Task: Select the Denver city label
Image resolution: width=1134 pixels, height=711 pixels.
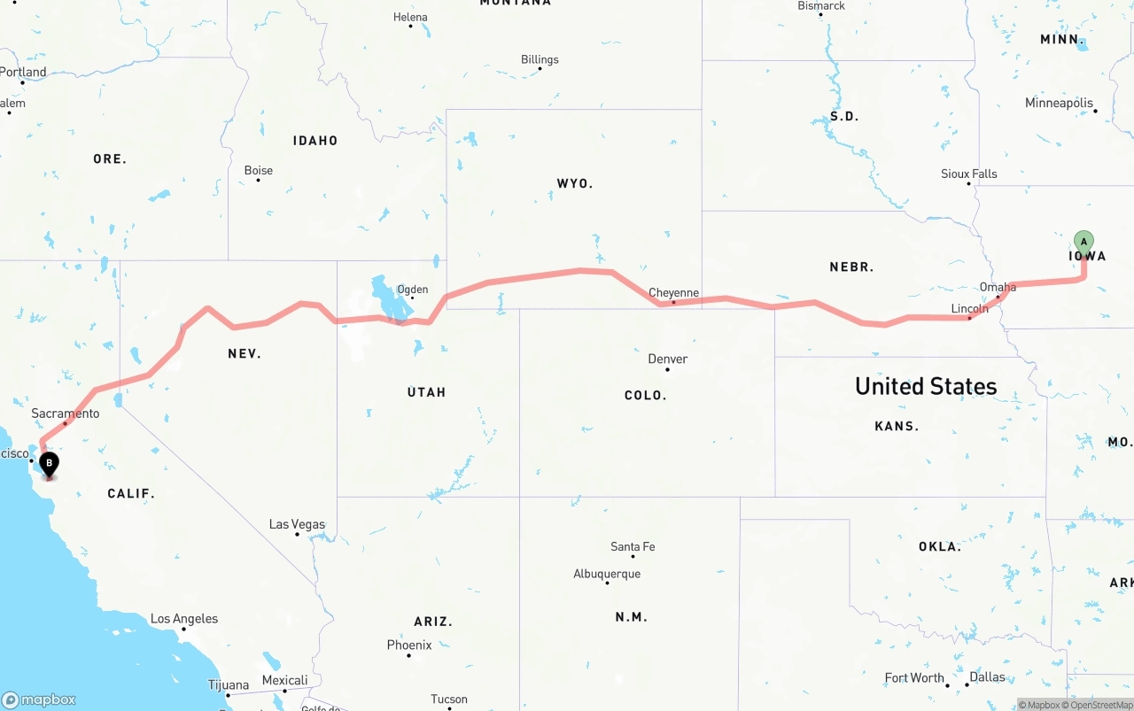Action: pos(667,359)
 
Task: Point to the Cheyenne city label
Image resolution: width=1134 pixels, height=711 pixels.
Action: pos(673,292)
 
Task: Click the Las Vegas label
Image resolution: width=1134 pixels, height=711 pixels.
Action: pos(297,524)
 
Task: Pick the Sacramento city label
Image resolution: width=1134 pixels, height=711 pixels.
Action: pos(65,413)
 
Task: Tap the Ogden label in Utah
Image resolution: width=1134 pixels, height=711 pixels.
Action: pos(412,289)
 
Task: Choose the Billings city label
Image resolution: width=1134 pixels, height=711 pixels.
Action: pos(540,59)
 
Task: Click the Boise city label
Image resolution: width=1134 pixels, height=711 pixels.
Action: pos(258,170)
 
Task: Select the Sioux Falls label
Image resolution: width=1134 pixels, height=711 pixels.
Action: pos(968,174)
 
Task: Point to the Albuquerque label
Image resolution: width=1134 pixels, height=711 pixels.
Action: pos(606,574)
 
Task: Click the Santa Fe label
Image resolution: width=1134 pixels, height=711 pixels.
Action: pos(633,546)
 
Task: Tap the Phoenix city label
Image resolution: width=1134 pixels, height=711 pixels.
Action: pos(409,645)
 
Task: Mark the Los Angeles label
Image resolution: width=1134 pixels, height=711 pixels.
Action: pos(183,619)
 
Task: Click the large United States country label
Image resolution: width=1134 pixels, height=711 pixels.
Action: pos(925,386)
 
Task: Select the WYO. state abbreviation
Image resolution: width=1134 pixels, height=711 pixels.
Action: pos(574,183)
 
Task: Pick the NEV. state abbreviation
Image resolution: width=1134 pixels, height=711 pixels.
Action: pos(244,353)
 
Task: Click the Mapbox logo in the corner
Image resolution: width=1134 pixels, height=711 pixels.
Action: pos(39,699)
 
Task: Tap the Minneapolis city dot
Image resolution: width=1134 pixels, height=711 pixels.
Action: pos(1095,111)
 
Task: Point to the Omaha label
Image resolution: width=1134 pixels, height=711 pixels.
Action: pos(998,287)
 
